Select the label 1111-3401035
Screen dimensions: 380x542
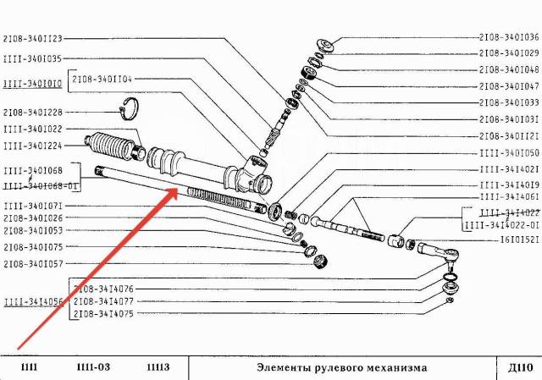[x=32, y=59]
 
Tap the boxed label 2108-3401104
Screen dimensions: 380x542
[x=102, y=80]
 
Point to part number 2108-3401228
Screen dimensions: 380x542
[x=32, y=112]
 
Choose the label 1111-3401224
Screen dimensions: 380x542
[x=32, y=145]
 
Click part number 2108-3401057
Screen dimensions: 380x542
[x=32, y=263]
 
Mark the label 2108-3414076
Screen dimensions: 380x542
[x=103, y=289]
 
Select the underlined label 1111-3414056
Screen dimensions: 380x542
[x=31, y=300]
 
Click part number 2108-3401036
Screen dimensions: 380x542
[x=509, y=37]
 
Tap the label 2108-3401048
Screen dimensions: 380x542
[x=509, y=69]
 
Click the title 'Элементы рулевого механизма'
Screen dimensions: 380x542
[x=342, y=368]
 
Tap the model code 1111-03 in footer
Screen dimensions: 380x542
[x=93, y=368]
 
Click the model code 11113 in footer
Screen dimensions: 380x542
[x=158, y=368]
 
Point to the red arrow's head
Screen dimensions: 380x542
[x=174, y=191]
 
